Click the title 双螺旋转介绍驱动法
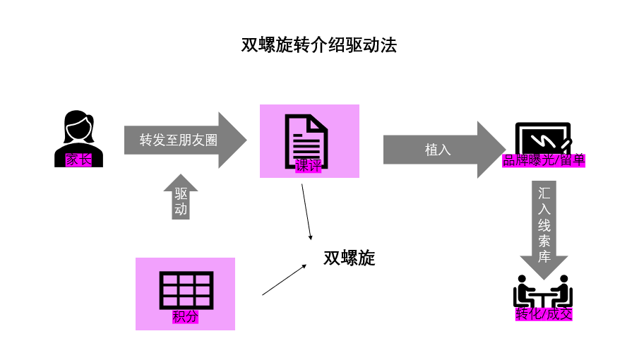[x=318, y=46]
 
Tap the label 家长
[x=78, y=160]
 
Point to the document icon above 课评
[x=306, y=138]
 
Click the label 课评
[x=308, y=167]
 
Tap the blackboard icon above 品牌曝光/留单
[x=542, y=138]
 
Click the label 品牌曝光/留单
[x=544, y=160]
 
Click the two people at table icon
[x=542, y=291]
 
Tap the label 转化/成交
[x=543, y=313]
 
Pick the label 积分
[x=185, y=317]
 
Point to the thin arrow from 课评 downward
[x=306, y=212]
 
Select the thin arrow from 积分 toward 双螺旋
[x=284, y=280]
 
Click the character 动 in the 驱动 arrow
[x=181, y=209]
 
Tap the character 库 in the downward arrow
[x=544, y=256]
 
